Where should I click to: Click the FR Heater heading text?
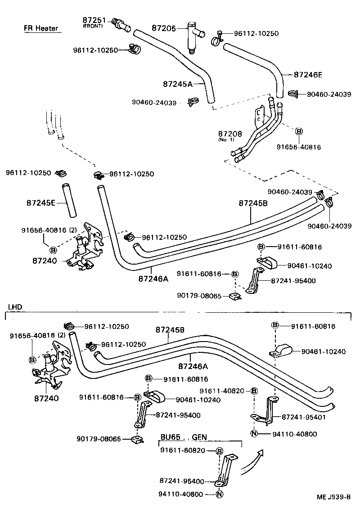coord(41,28)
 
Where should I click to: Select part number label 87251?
coord(93,20)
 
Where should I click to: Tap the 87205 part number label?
coord(163,28)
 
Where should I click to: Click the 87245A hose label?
coord(177,84)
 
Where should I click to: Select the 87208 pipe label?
coord(230,134)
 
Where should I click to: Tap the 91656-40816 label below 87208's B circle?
coord(299,147)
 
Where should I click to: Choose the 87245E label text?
coord(40,203)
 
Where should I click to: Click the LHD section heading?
coord(15,307)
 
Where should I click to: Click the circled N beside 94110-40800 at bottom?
coord(220,494)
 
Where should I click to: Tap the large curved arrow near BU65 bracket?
coord(252,461)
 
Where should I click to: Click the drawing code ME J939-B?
coord(333,497)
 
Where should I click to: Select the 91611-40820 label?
coord(222,391)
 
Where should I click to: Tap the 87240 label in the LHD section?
coord(46,398)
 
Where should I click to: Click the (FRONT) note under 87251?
coord(93,26)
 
